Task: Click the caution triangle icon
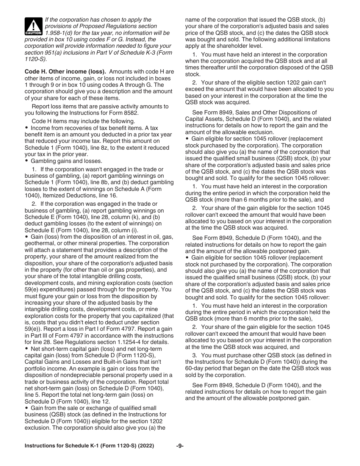click(x=33, y=26)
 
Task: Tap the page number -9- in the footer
click(x=180, y=446)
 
